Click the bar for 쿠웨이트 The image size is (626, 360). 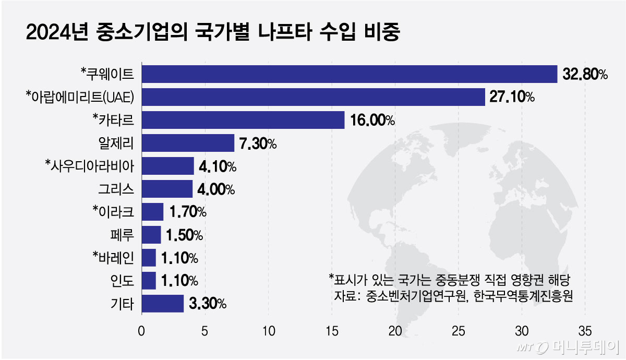(349, 74)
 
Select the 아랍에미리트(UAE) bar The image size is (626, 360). (313, 97)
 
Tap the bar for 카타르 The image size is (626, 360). (243, 119)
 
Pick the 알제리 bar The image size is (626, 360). (187, 142)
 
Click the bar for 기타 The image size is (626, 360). (162, 303)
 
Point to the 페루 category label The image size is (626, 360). (123, 235)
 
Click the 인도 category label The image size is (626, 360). (123, 281)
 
